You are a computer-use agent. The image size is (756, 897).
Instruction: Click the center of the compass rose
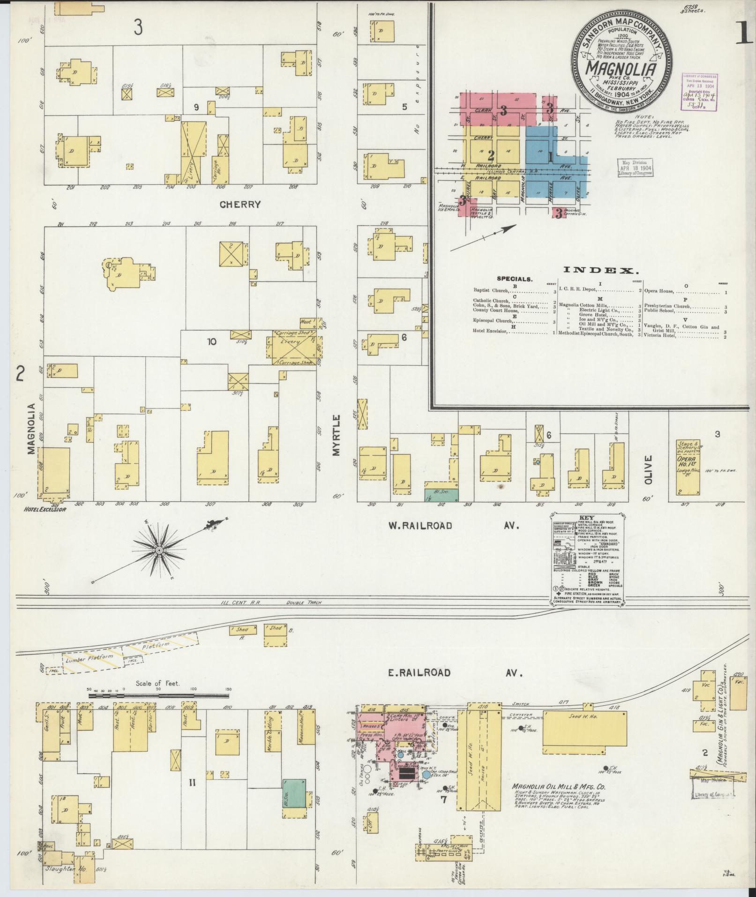click(x=159, y=549)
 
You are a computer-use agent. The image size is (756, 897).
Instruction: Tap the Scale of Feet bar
click(x=159, y=696)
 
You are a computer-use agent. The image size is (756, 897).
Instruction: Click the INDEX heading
click(x=600, y=270)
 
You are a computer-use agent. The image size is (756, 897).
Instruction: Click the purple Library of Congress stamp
click(x=700, y=92)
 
